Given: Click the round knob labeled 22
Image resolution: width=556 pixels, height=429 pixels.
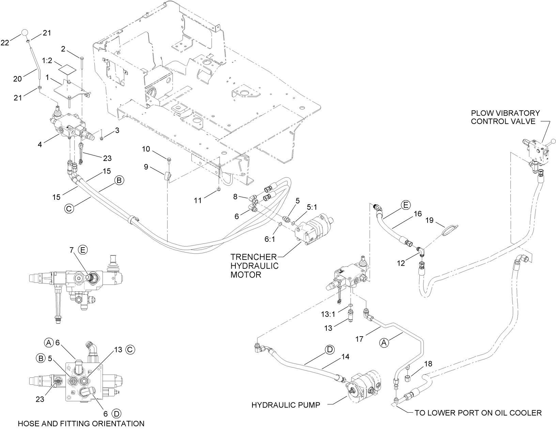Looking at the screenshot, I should pyautogui.click(x=25, y=33).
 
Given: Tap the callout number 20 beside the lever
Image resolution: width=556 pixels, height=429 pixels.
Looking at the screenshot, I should pyautogui.click(x=17, y=79).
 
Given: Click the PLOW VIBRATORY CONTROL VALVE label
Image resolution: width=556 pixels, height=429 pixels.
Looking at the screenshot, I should pyautogui.click(x=505, y=117).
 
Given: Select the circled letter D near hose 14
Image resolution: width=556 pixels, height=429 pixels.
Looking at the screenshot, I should pyautogui.click(x=330, y=350).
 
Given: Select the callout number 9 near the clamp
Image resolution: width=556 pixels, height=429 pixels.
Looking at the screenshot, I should pyautogui.click(x=146, y=167).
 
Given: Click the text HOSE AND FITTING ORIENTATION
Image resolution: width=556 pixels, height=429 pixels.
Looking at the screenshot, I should pyautogui.click(x=81, y=424).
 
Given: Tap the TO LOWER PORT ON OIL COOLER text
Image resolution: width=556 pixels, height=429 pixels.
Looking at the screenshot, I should pyautogui.click(x=478, y=413).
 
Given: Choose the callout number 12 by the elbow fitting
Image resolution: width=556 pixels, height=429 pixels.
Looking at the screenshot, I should pyautogui.click(x=401, y=263).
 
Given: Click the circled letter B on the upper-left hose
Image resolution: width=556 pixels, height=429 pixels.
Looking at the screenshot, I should pyautogui.click(x=119, y=181).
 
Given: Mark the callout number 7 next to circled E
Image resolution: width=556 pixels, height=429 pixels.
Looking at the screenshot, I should pyautogui.click(x=71, y=250).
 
